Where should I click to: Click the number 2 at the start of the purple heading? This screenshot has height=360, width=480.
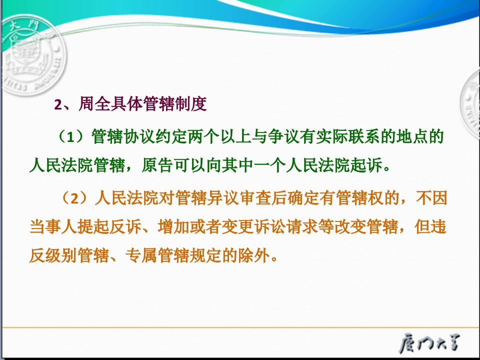[58, 104]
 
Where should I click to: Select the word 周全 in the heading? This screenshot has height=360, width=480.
[94, 104]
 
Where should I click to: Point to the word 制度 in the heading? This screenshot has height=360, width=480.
[190, 104]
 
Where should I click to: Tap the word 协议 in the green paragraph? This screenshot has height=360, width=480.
[139, 136]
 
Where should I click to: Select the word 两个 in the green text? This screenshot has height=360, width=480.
[204, 136]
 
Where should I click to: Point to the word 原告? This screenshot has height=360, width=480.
[157, 165]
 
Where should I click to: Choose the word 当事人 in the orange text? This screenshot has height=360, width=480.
[53, 227]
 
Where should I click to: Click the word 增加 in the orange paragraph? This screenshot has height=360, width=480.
[173, 227]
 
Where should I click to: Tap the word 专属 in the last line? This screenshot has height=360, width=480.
[141, 255]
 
